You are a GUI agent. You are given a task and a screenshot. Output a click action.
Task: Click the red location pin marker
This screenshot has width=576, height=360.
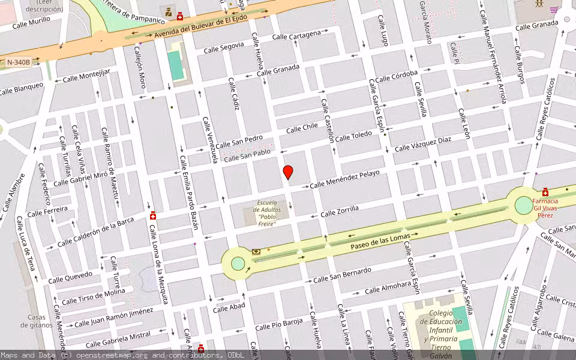click(288, 172)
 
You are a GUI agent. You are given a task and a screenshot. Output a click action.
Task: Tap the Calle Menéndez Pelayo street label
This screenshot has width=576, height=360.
click(344, 179)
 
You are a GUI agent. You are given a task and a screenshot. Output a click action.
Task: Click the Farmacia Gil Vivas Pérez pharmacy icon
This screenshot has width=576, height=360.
click(545, 192)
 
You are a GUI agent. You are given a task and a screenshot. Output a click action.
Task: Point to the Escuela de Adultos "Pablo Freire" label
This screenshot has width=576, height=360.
click(265, 213)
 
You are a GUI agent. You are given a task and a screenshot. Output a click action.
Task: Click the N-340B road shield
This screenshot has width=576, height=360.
click(23, 62)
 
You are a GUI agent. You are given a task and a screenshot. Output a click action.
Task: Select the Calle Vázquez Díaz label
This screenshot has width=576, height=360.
click(422, 143)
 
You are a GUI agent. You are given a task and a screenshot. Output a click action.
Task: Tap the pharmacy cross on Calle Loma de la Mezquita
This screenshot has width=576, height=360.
click(153, 215)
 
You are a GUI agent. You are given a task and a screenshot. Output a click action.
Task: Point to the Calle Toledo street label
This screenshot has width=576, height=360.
click(353, 136)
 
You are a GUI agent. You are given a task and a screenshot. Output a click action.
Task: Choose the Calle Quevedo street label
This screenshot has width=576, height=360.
click(71, 277)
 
